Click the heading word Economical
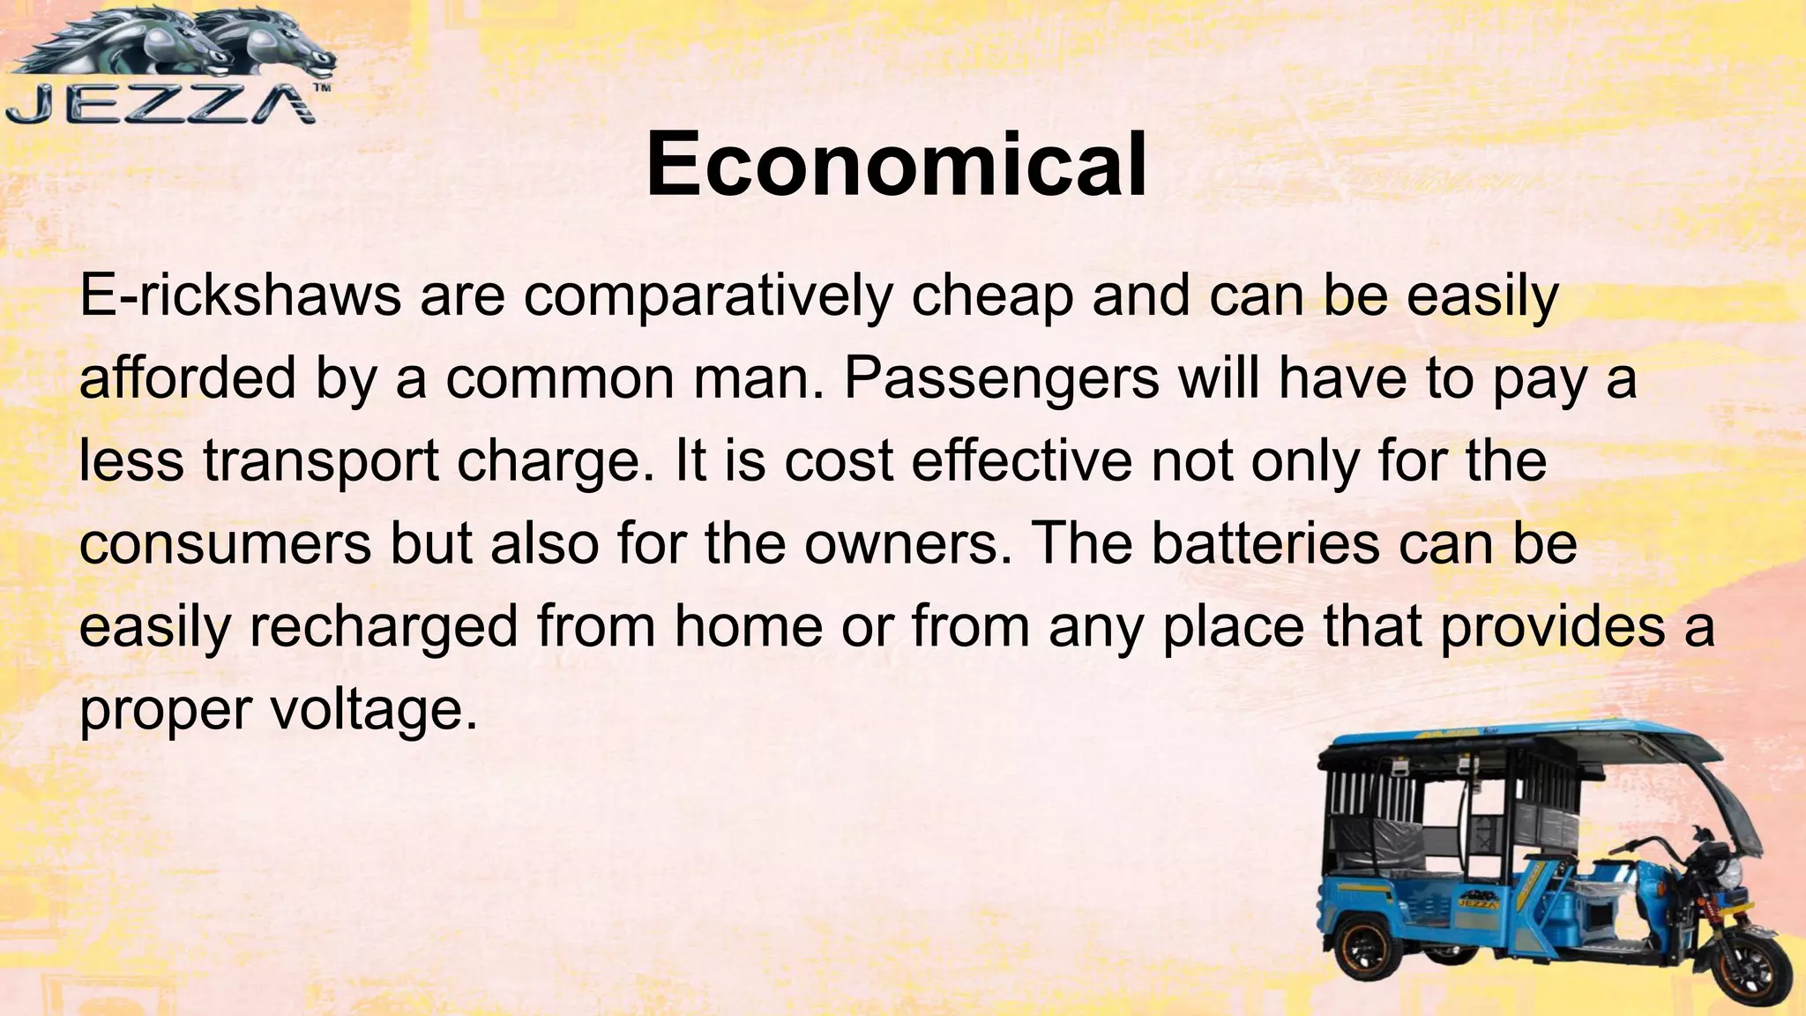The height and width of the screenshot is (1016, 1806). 896,165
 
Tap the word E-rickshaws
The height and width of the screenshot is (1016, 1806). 240,295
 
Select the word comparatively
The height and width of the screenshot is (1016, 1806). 708,297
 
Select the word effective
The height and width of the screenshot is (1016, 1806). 1021,460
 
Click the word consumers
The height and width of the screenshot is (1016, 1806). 226,544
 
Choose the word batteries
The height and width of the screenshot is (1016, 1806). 1265,543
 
